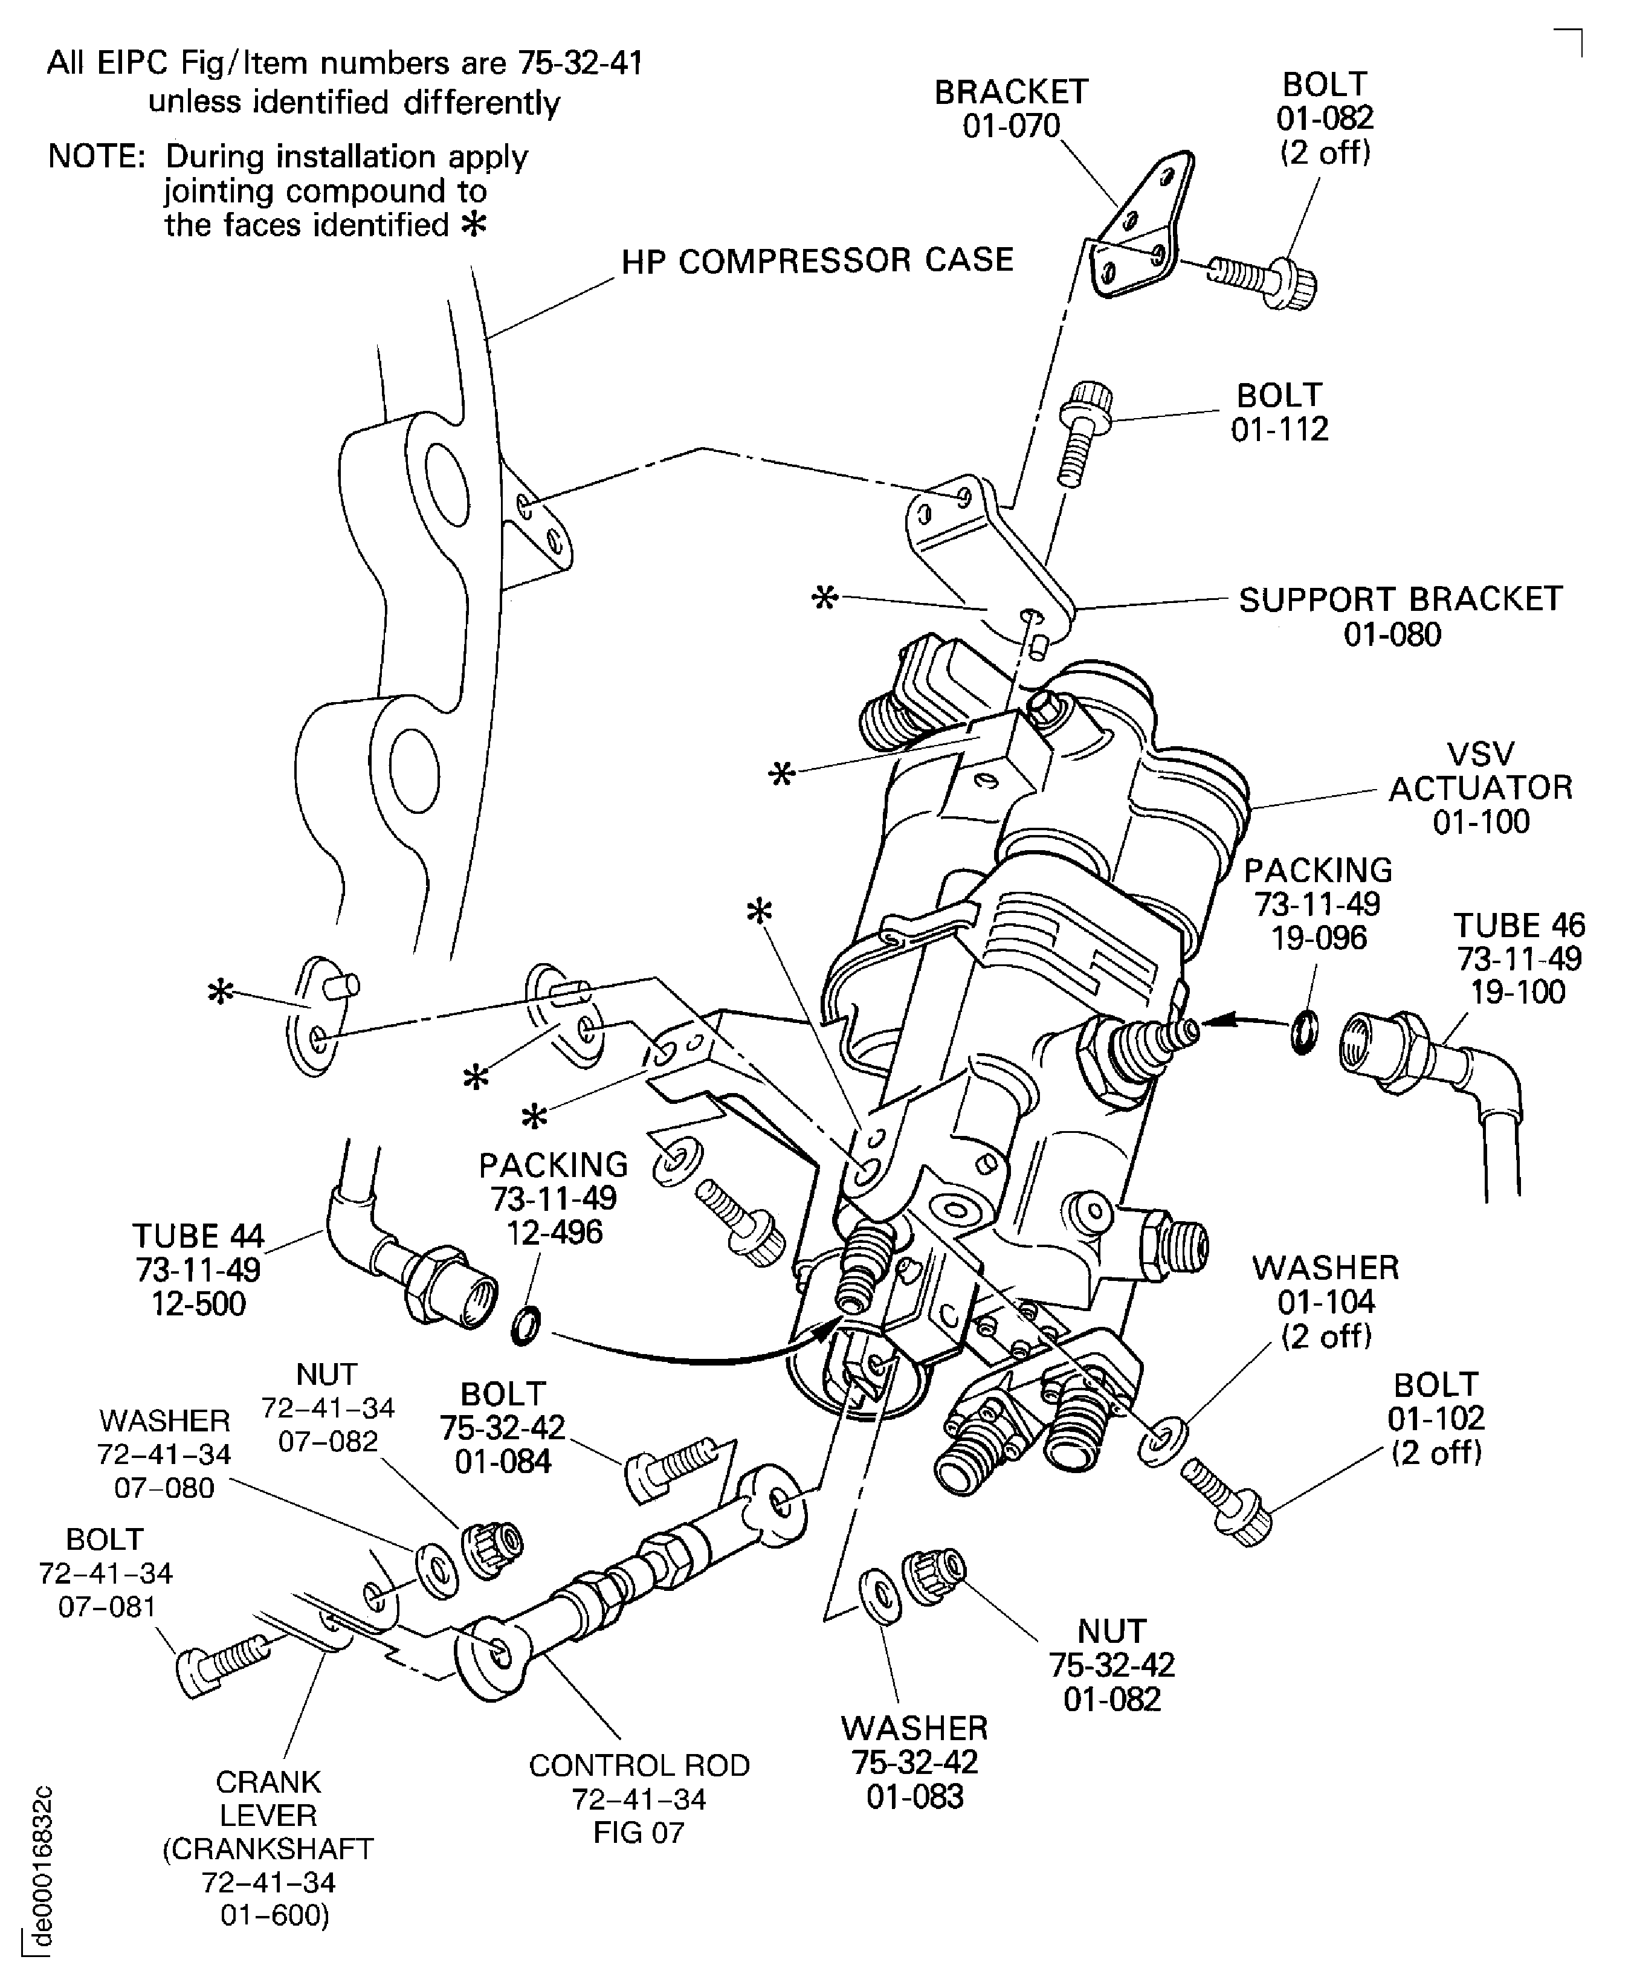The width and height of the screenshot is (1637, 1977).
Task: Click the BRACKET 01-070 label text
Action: (x=1011, y=108)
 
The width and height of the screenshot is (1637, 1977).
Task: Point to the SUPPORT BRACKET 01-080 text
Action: (x=1399, y=617)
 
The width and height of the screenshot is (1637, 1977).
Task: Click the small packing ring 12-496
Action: (x=525, y=1326)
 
